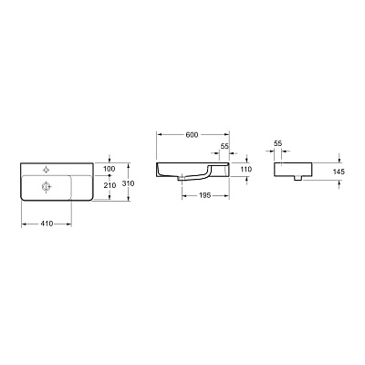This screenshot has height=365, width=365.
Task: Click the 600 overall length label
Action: pyautogui.click(x=192, y=135)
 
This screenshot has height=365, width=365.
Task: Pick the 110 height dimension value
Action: pyautogui.click(x=245, y=171)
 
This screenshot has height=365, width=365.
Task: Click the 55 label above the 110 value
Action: pyautogui.click(x=224, y=146)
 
